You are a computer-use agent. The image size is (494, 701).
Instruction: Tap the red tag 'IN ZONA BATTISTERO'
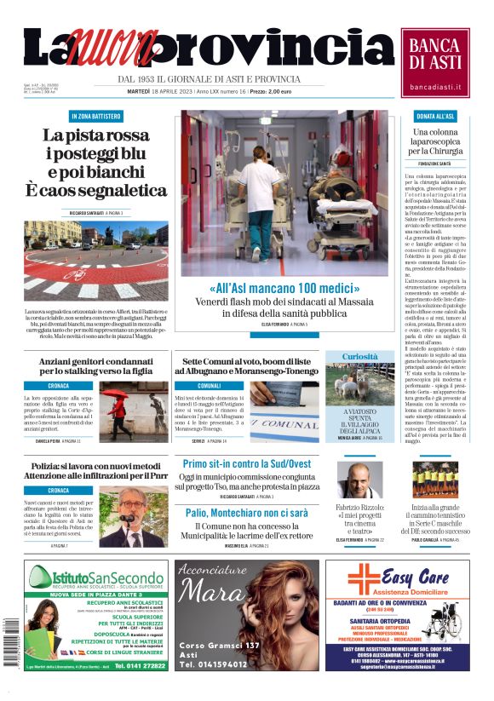coord(95,116)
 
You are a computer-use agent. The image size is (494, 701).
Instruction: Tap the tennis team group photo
coord(439,479)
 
